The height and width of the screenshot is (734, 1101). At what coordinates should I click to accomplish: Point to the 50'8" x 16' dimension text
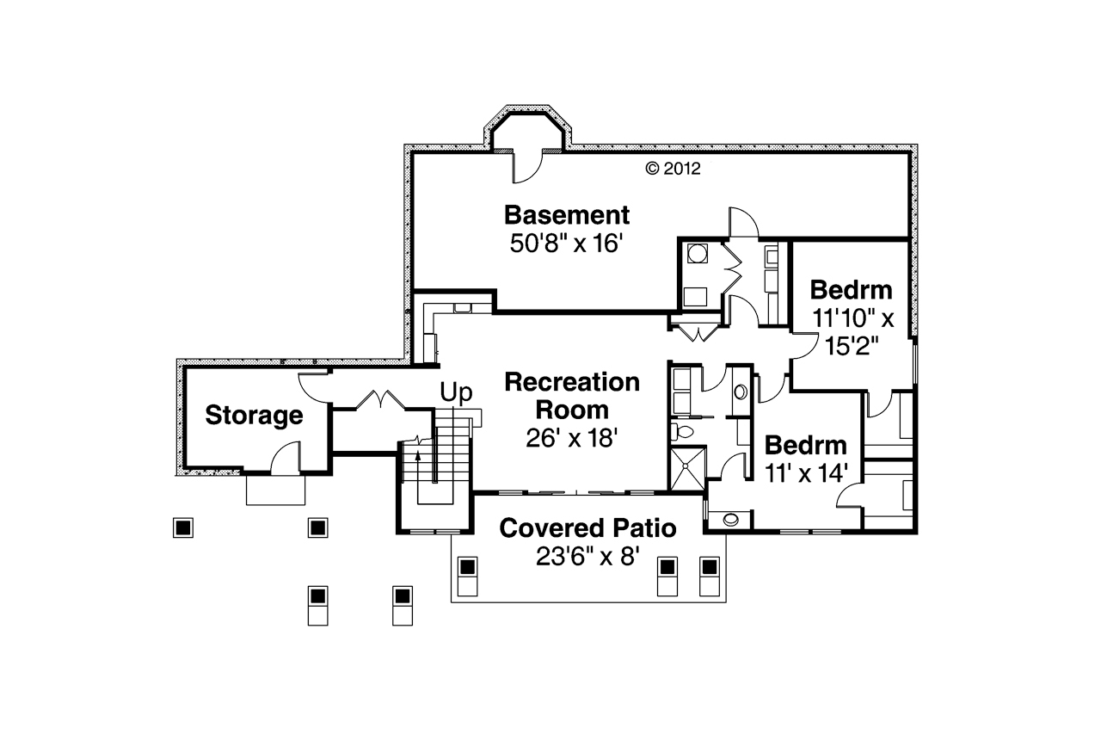pos(566,244)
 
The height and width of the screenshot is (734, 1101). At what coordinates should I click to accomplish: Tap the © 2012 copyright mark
pos(674,169)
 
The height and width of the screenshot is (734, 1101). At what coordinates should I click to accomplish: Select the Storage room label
pos(255,416)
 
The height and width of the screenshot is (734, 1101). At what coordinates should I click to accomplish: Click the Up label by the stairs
pos(456,394)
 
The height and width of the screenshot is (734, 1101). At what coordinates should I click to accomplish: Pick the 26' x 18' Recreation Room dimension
pos(572,438)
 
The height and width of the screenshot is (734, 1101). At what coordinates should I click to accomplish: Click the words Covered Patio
pos(588,527)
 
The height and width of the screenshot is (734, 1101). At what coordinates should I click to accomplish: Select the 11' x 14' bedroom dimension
pos(807,473)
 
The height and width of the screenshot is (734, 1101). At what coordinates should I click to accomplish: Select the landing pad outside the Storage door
pos(275,489)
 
